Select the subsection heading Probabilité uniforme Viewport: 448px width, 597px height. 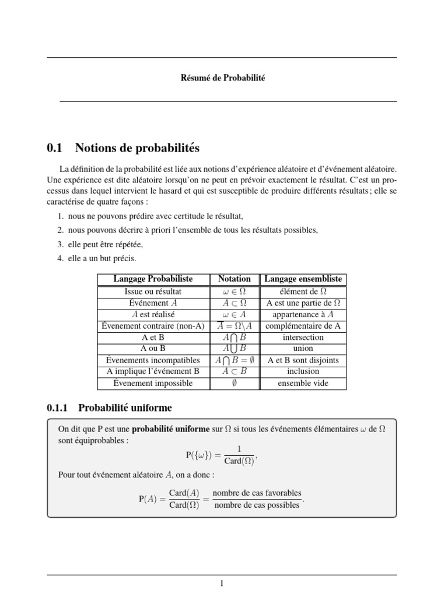[x=125, y=408]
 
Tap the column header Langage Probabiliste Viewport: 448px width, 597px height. [x=153, y=279]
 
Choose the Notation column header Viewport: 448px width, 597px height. [x=234, y=279]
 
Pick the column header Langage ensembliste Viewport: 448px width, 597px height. [x=303, y=279]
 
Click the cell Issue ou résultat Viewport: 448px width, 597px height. [x=153, y=291]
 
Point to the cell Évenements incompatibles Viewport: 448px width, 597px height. [x=153, y=360]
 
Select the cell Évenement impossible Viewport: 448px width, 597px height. [x=153, y=383]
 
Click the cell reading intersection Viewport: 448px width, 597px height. [x=303, y=337]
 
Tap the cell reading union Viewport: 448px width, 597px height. [x=303, y=349]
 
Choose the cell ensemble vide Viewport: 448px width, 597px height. [x=303, y=383]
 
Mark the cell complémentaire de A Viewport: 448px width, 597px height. [x=303, y=326]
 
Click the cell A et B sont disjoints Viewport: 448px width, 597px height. [x=303, y=360]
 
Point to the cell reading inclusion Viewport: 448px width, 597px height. [x=303, y=371]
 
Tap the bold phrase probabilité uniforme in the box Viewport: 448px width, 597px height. [x=170, y=429]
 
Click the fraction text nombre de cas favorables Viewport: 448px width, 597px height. [x=257, y=493]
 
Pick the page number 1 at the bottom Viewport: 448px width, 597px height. [x=222, y=584]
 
